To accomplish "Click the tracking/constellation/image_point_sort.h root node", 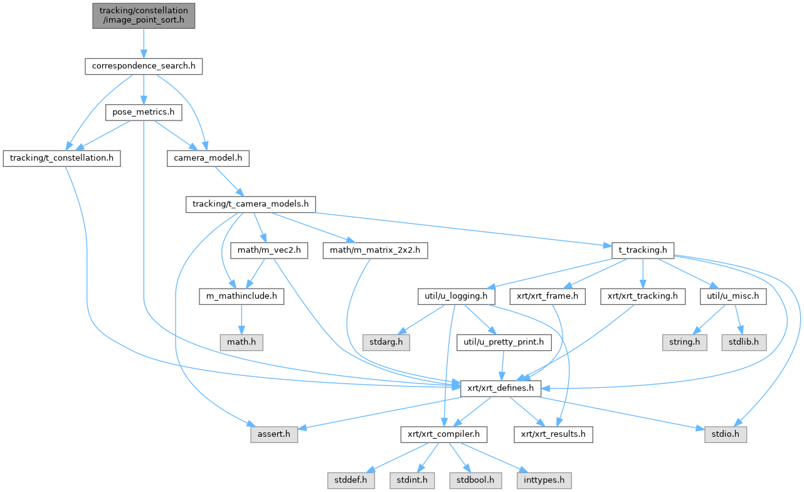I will pos(143,16).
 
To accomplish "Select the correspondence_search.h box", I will pos(144,66).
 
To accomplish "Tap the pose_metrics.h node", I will pos(143,112).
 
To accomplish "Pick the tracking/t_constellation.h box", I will pos(61,158).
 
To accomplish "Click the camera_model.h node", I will pos(208,158).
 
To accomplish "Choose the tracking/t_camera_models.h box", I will pos(250,205).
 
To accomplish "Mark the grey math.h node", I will pos(241,343).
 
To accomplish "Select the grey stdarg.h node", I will pos(386,343).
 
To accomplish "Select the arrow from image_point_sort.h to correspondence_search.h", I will pos(143,43).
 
